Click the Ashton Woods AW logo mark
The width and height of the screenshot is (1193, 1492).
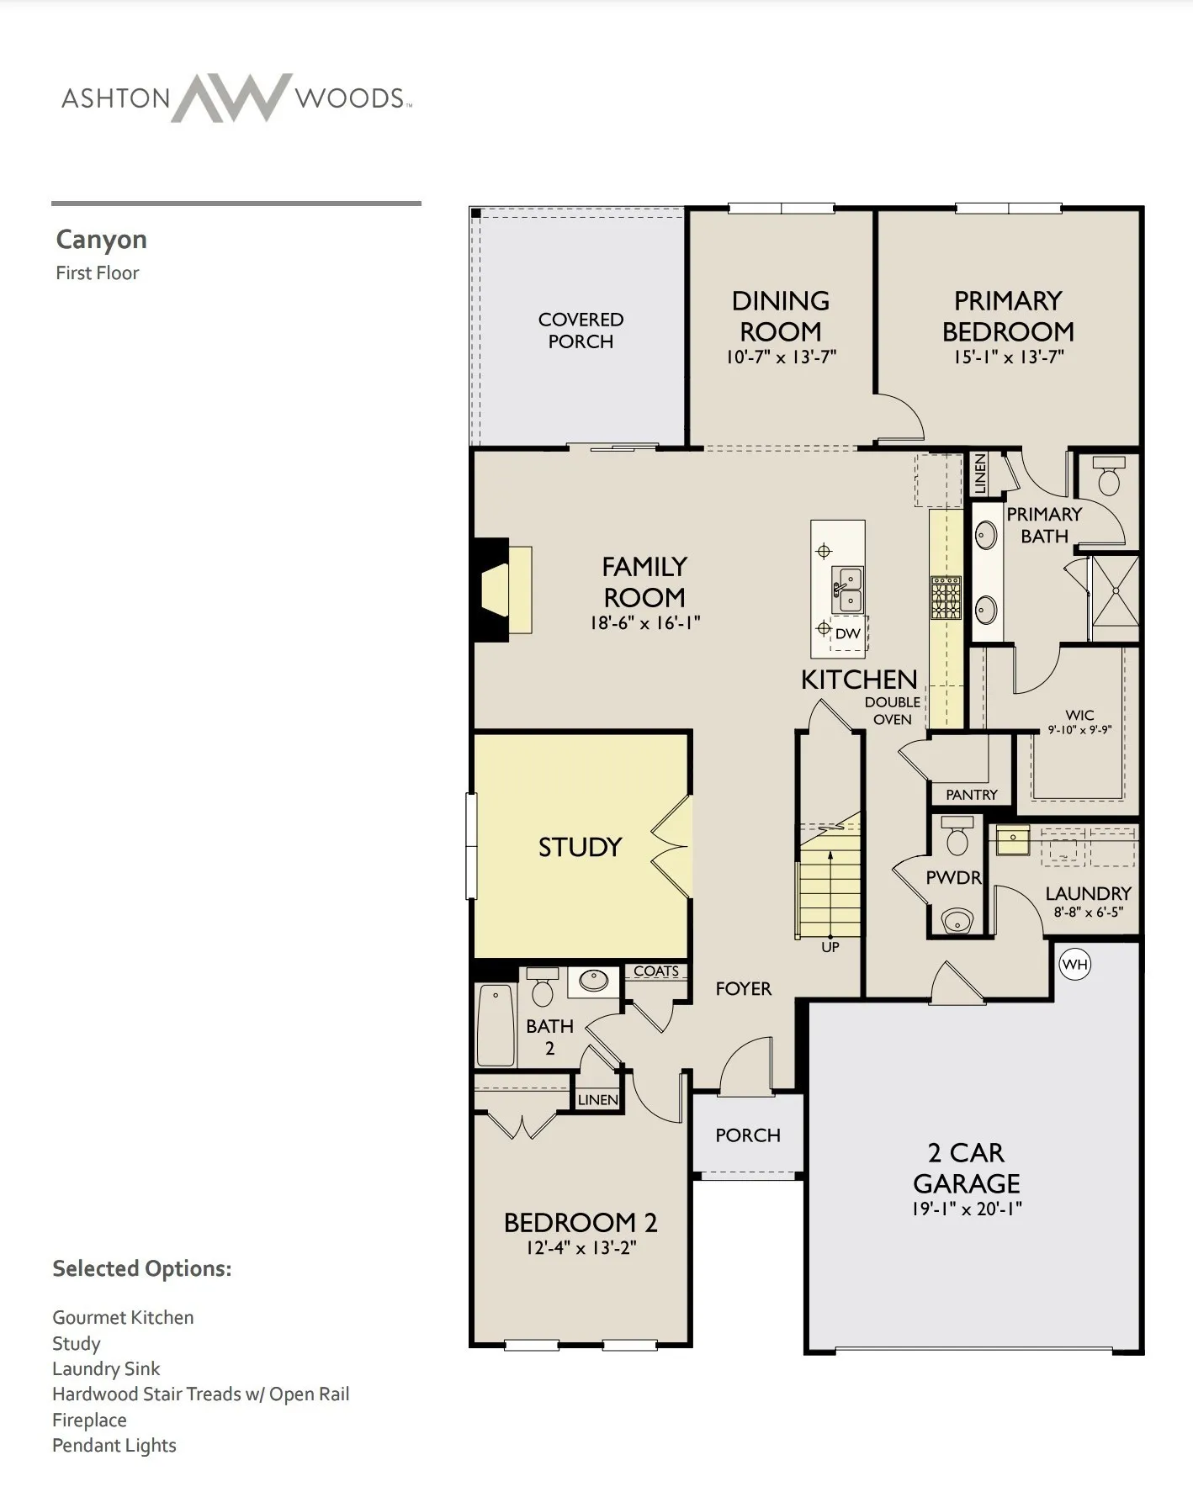click(231, 98)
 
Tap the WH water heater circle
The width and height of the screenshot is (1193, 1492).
click(1074, 964)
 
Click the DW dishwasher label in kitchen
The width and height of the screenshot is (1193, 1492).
click(848, 633)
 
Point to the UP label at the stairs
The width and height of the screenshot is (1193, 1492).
click(830, 947)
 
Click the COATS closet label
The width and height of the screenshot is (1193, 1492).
click(656, 971)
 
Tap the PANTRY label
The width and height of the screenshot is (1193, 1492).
click(972, 795)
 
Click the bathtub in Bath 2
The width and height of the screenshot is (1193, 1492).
click(496, 1025)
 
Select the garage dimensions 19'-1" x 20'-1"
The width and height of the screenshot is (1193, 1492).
click(967, 1209)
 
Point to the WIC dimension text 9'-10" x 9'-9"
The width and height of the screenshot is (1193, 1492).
click(1079, 730)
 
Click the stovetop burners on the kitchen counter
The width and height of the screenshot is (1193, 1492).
click(946, 597)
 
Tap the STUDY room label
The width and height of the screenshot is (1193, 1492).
click(580, 847)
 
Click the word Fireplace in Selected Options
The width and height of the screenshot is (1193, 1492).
click(89, 1420)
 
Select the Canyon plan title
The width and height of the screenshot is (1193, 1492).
click(102, 240)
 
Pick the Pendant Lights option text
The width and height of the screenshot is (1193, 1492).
click(114, 1446)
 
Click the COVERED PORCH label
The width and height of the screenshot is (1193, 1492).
click(581, 331)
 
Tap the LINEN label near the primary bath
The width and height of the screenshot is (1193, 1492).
click(979, 474)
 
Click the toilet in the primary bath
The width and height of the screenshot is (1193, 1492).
click(1109, 477)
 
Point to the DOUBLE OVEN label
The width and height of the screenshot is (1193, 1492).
click(893, 711)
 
